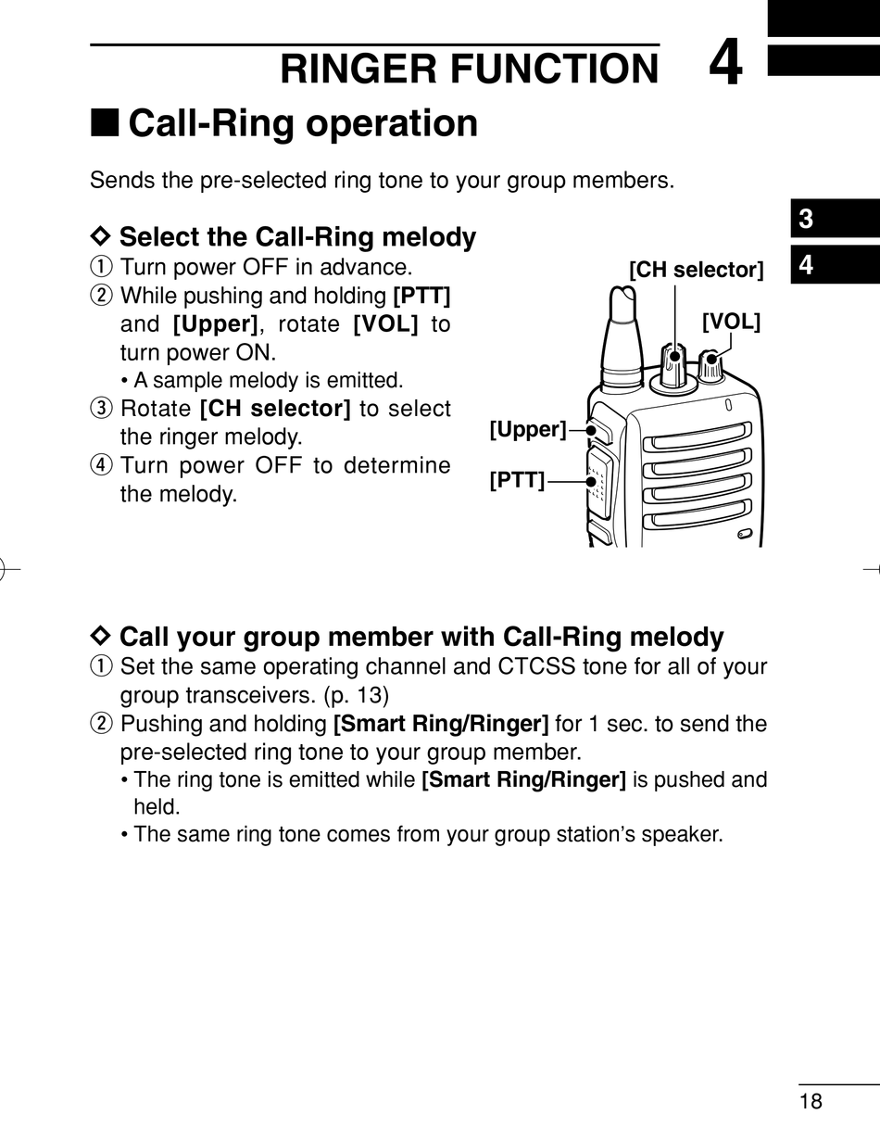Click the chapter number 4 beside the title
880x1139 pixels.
coord(725,65)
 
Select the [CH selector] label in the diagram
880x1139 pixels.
coord(696,271)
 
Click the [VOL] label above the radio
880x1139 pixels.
coord(731,322)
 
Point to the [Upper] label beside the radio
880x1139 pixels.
coord(527,429)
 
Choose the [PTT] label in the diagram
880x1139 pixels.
coord(517,480)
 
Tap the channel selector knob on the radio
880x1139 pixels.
coord(674,363)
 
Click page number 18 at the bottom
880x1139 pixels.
coord(811,1101)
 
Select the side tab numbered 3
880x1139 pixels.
coord(807,220)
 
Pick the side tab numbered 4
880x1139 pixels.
coord(807,266)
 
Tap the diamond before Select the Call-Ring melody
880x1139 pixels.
coord(101,235)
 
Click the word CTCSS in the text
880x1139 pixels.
coord(532,666)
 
